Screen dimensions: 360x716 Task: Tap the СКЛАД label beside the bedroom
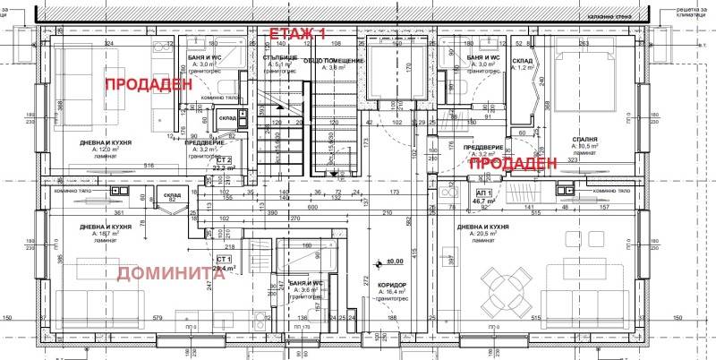pyautogui.click(x=523, y=61)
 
